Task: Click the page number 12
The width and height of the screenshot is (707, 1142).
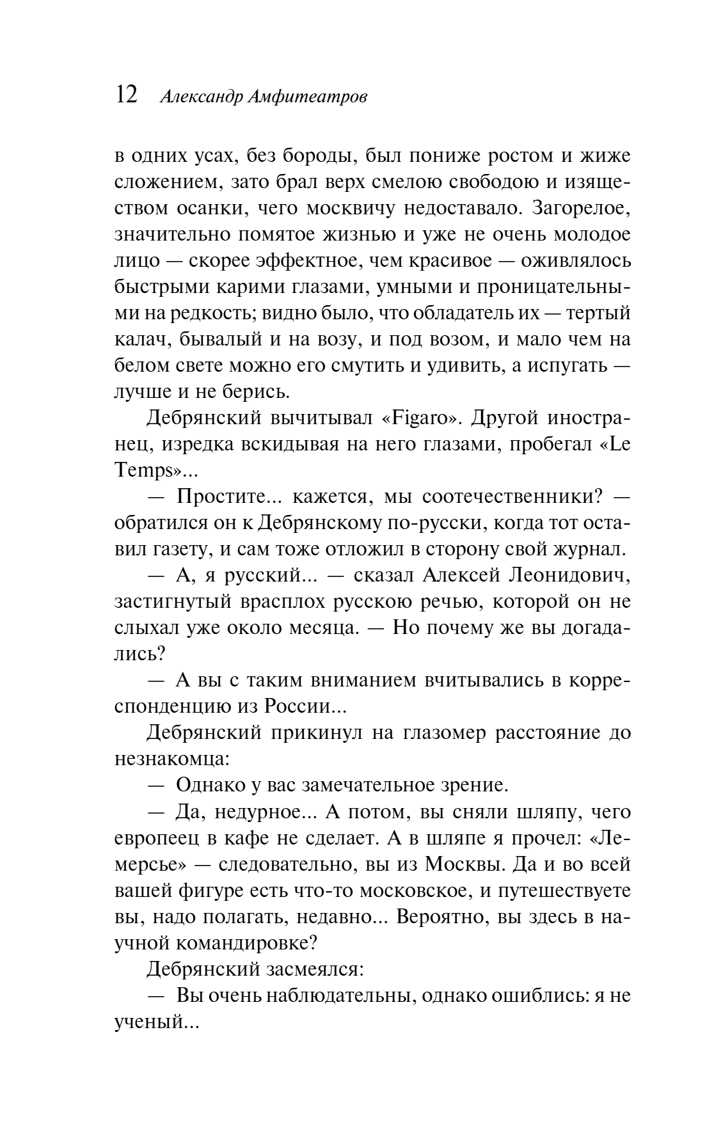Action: (x=126, y=95)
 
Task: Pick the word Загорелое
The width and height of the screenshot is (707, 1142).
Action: (x=582, y=208)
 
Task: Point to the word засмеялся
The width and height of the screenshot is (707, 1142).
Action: (x=314, y=969)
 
